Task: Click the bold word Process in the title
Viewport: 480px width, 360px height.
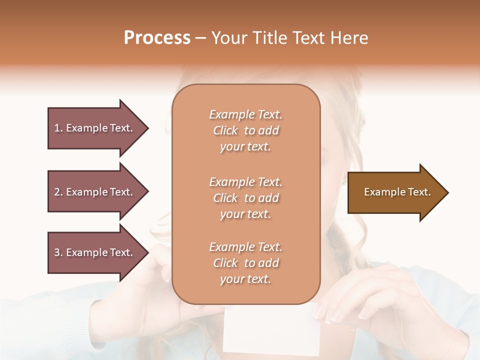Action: [x=157, y=37]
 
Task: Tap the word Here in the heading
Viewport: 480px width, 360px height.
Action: [x=348, y=37]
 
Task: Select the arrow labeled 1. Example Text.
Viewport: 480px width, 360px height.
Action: [x=95, y=128]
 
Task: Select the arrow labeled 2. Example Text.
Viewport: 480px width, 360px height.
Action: [x=95, y=192]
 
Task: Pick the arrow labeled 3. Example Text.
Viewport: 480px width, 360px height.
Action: [x=95, y=252]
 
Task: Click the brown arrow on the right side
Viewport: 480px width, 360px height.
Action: [x=395, y=192]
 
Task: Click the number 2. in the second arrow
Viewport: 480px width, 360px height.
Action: [x=58, y=192]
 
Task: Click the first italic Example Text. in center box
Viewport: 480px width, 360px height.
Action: [x=245, y=114]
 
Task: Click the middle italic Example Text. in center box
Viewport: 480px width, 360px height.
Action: [x=245, y=182]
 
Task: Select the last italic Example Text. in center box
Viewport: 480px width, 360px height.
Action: [x=245, y=247]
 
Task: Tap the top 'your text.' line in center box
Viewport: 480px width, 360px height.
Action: [x=245, y=147]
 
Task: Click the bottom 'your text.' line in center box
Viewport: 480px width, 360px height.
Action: [x=245, y=279]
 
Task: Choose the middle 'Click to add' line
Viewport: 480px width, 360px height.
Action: [x=245, y=198]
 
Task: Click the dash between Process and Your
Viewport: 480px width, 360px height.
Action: [x=200, y=38]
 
